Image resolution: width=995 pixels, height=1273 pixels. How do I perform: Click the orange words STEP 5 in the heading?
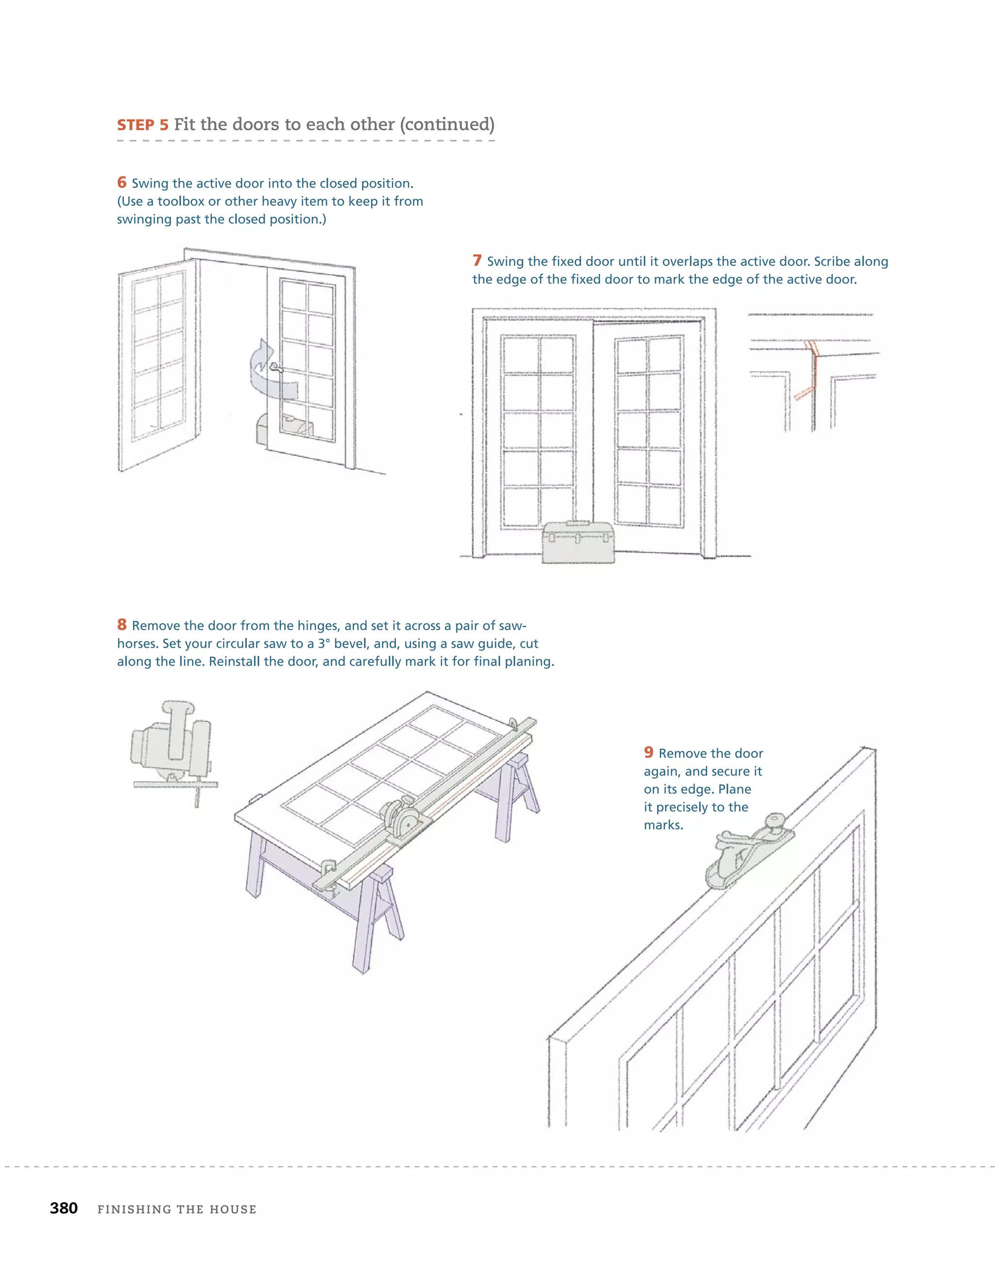[142, 125]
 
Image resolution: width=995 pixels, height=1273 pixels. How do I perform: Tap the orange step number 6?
[122, 182]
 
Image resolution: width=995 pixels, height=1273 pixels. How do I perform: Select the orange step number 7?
[477, 260]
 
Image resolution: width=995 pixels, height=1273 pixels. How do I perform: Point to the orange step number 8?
[122, 625]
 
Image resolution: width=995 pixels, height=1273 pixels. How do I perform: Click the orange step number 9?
[649, 753]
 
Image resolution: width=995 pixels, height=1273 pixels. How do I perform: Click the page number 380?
[64, 1208]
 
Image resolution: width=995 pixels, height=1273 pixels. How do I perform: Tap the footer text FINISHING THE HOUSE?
[177, 1209]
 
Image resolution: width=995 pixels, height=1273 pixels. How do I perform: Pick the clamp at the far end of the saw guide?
[514, 724]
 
